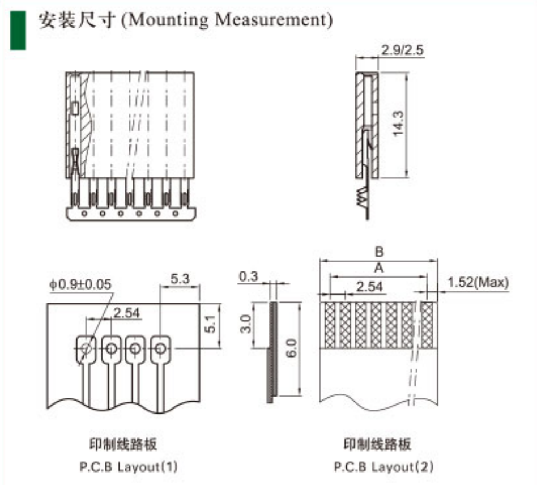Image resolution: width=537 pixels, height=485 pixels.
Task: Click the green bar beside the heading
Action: [x=18, y=29]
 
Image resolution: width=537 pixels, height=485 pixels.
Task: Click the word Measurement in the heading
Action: [x=272, y=20]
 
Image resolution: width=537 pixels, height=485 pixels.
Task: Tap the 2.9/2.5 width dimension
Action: [x=402, y=50]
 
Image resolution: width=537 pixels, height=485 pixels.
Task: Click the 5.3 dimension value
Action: [x=180, y=278]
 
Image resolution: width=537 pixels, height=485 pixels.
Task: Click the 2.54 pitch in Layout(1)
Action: [x=127, y=312]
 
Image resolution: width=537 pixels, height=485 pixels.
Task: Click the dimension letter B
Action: [x=379, y=251]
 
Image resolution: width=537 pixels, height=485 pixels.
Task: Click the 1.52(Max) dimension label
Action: [x=478, y=282]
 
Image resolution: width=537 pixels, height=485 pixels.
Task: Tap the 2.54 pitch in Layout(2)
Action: [x=370, y=287]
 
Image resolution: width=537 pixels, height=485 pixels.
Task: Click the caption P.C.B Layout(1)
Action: [x=129, y=467]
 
